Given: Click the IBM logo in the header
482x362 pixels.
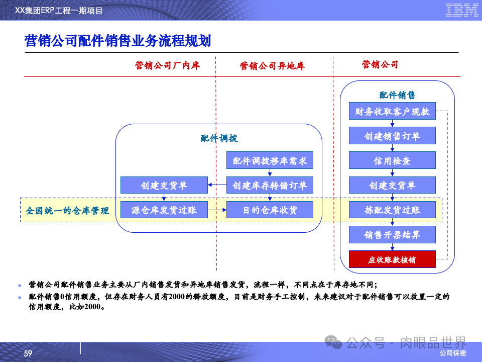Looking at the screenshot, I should pos(462,10).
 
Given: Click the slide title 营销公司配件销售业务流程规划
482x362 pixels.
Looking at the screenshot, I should pos(117,41).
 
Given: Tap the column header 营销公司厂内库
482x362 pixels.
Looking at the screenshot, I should pos(167,65).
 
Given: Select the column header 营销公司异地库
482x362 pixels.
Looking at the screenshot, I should pos(272,66).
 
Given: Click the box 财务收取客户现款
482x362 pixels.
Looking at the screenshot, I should pos(392,112).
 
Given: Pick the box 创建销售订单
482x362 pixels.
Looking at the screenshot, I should pos(392,136).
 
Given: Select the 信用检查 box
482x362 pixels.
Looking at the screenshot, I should pos(392,161).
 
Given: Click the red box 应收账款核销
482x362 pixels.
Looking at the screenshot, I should pos(392,260).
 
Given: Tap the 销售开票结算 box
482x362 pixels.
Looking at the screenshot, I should pos(392,235).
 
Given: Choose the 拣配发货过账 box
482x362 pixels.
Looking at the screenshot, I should pos(392,210).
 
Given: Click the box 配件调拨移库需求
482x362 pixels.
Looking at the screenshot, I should pos(270,161).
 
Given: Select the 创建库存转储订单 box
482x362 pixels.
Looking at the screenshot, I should pos(270,186).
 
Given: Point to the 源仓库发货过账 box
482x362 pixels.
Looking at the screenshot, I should pos(164,210).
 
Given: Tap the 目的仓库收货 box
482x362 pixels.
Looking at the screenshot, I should pos(270,210).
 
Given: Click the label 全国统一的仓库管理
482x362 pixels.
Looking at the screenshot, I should pos(68,211).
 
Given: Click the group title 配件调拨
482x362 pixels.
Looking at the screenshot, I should pos(219,139).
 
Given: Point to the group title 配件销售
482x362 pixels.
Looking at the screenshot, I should pos(397,95).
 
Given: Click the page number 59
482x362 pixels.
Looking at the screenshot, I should pos(28,354).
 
